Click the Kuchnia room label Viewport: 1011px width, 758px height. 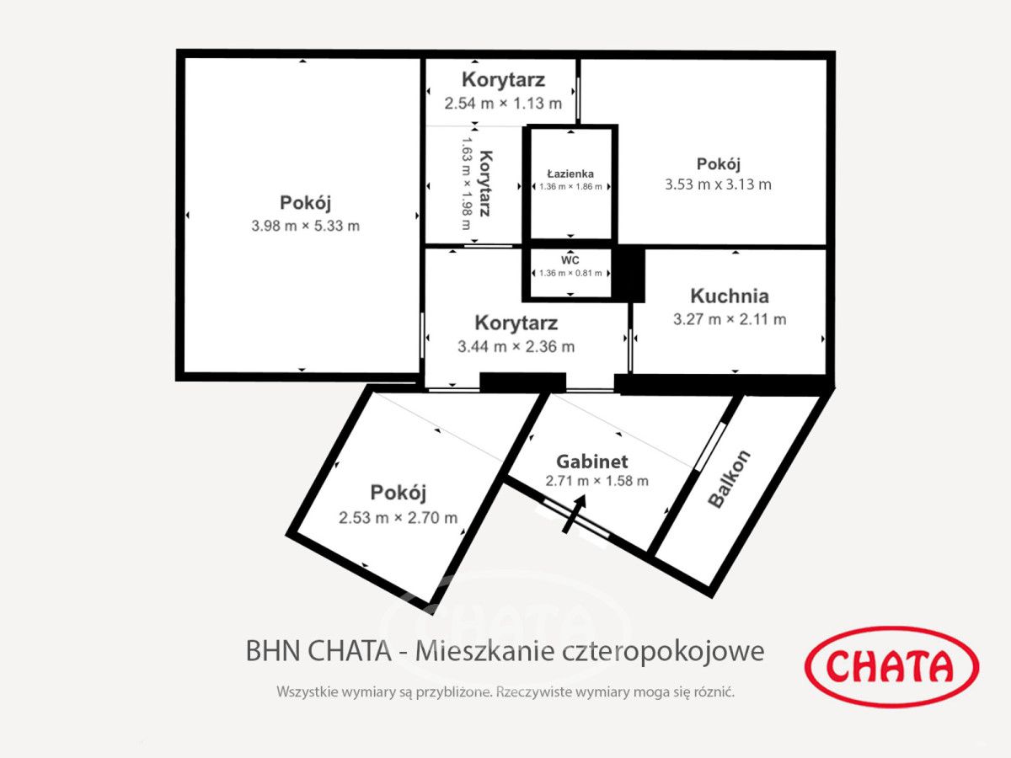click(x=729, y=296)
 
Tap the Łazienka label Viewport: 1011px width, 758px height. click(x=570, y=173)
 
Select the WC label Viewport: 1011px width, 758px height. click(x=570, y=260)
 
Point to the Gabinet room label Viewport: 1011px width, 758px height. click(x=592, y=462)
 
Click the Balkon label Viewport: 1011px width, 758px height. click(x=729, y=478)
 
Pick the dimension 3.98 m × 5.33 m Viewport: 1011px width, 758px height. click(x=305, y=226)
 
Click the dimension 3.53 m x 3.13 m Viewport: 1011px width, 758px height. click(x=718, y=184)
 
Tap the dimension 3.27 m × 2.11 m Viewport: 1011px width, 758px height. click(x=729, y=319)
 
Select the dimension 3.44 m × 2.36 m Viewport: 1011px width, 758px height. click(x=516, y=346)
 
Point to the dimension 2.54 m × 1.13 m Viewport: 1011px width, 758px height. click(x=503, y=104)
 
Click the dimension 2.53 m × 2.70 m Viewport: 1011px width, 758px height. click(x=398, y=518)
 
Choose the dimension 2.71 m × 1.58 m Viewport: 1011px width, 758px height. click(x=596, y=481)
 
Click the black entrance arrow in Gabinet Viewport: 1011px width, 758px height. click(x=574, y=513)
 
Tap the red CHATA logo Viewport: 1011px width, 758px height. click(x=891, y=667)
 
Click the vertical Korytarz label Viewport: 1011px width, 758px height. click(x=484, y=184)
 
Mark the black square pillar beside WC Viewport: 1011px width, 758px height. click(x=628, y=273)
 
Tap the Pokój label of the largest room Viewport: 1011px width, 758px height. click(x=305, y=203)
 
